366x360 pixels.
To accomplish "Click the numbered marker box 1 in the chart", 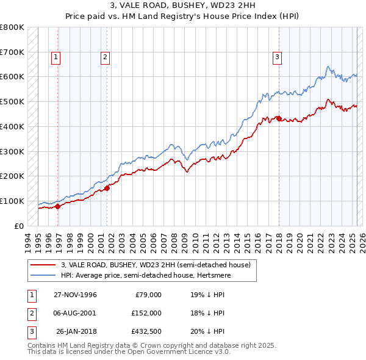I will [x=56, y=57].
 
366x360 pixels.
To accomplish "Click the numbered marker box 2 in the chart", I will [x=105, y=57].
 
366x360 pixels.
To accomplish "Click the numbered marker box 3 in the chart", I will [x=277, y=57].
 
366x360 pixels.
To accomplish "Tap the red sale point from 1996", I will [x=58, y=206].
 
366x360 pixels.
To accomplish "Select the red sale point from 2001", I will [x=107, y=188].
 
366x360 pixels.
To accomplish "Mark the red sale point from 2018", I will [x=279, y=118].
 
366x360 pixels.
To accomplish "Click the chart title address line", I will [x=183, y=7].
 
